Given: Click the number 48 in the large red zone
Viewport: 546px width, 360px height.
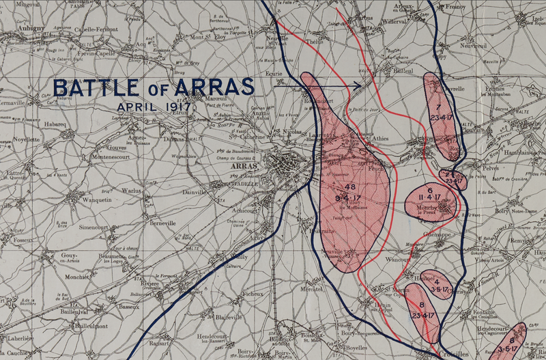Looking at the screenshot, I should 351,187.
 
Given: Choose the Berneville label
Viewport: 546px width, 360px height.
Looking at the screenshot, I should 166,223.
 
